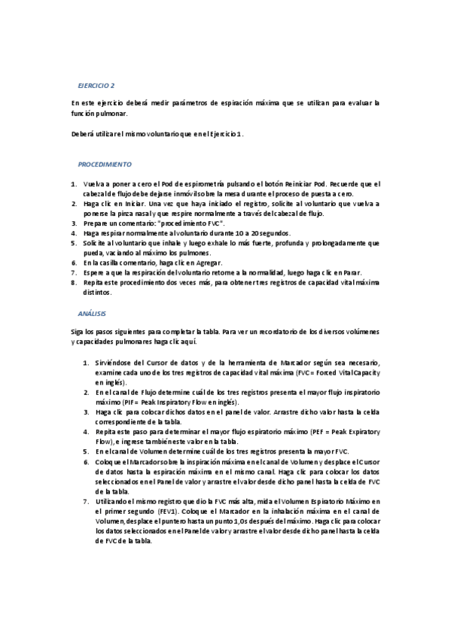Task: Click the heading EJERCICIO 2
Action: coord(96,86)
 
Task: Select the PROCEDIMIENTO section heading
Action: coord(105,164)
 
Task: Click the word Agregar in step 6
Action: coord(209,263)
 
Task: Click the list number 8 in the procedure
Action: coord(73,282)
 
